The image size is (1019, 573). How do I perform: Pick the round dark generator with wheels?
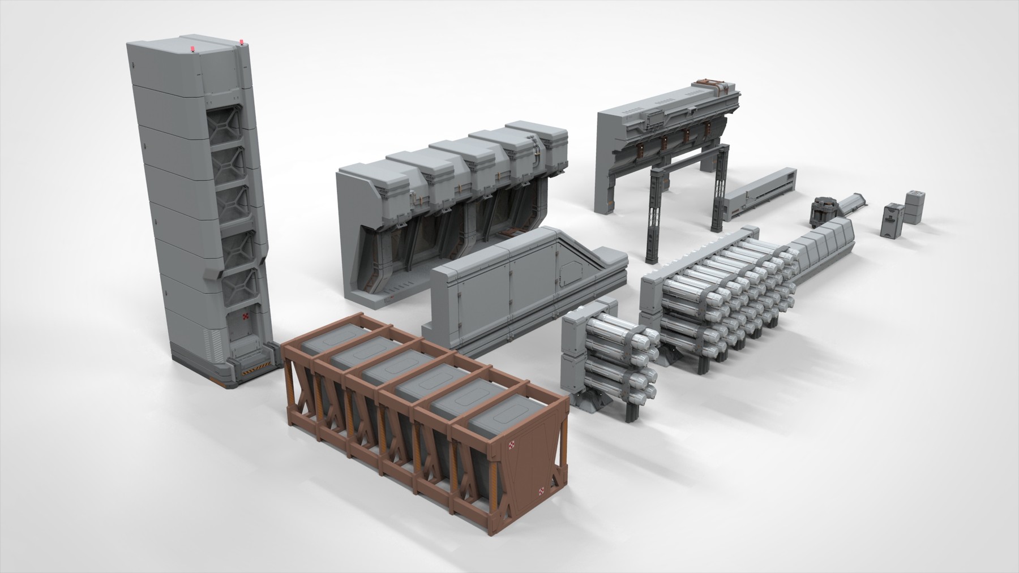825,210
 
